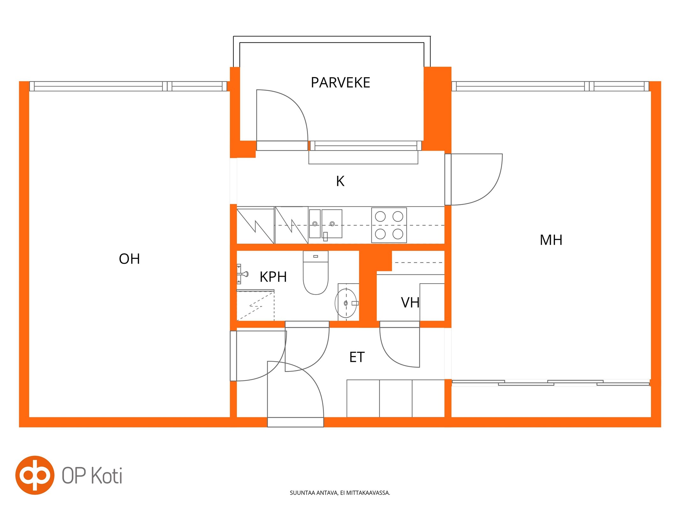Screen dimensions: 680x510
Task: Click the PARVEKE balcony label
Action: [340, 83]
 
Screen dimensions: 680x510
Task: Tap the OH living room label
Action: [129, 259]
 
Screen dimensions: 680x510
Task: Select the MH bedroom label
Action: [551, 240]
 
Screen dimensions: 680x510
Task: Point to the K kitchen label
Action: [340, 181]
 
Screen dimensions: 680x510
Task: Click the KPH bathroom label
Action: [273, 277]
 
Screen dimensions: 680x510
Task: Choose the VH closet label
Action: [410, 302]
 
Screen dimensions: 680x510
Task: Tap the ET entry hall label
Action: [357, 357]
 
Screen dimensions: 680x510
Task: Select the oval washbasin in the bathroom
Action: [346, 303]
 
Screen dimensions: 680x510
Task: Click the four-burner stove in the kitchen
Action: [389, 225]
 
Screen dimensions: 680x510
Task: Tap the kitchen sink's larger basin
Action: [332, 223]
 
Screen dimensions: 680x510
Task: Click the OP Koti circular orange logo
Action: [35, 475]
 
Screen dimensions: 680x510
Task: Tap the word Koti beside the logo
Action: [106, 476]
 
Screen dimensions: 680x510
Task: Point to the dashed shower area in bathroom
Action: [255, 305]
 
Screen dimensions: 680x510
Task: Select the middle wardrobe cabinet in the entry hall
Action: [396, 398]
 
